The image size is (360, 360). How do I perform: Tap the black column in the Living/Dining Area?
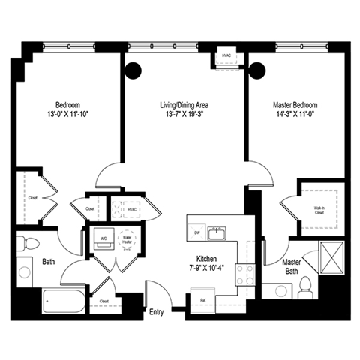(x=133, y=71)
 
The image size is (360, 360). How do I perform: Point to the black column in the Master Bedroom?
(x=257, y=71)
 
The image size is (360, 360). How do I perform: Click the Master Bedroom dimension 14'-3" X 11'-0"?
(x=295, y=115)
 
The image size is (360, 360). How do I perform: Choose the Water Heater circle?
(x=127, y=240)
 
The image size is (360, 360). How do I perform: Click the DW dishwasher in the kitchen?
(x=197, y=233)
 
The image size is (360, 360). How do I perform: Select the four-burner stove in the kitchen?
(x=244, y=274)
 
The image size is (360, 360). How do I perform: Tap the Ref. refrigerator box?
(x=202, y=300)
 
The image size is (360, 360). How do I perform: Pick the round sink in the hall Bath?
(x=25, y=271)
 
